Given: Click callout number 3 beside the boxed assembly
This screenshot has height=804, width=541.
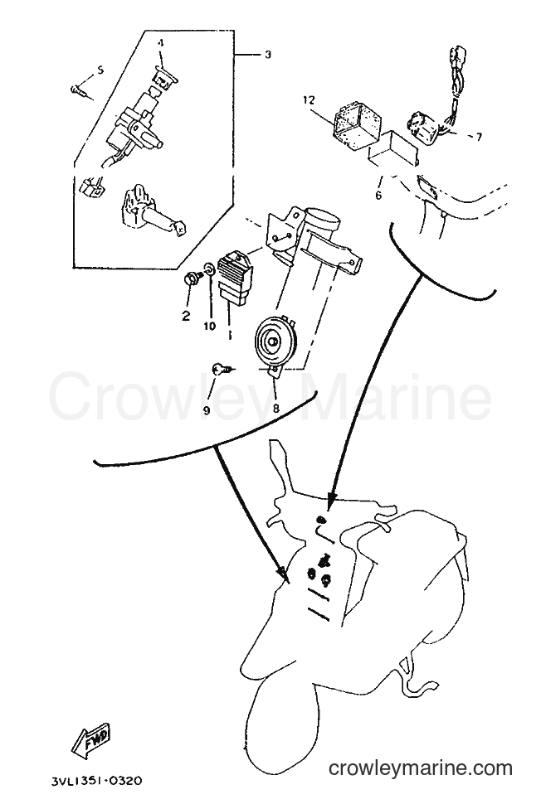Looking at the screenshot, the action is click(268, 55).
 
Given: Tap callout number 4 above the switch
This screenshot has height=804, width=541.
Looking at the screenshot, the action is click(161, 44).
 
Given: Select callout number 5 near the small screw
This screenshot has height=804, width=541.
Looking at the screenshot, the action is click(100, 70).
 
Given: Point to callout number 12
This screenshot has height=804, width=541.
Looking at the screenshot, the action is click(309, 99).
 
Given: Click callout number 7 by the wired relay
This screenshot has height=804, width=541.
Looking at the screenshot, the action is click(479, 137).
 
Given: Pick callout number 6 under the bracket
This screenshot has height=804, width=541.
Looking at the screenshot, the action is click(378, 196).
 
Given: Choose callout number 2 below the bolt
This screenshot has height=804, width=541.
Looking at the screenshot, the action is click(185, 315).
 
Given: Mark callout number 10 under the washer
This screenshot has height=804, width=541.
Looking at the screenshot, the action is click(209, 326).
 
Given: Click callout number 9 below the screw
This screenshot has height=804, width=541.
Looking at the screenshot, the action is click(207, 409).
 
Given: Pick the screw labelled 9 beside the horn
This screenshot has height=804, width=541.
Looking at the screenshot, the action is click(224, 368).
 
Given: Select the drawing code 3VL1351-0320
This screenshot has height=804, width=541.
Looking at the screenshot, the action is click(97, 781).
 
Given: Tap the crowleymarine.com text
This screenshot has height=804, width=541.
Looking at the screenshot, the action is click(421, 768).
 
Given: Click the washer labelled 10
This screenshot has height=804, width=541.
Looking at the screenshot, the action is click(209, 269).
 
